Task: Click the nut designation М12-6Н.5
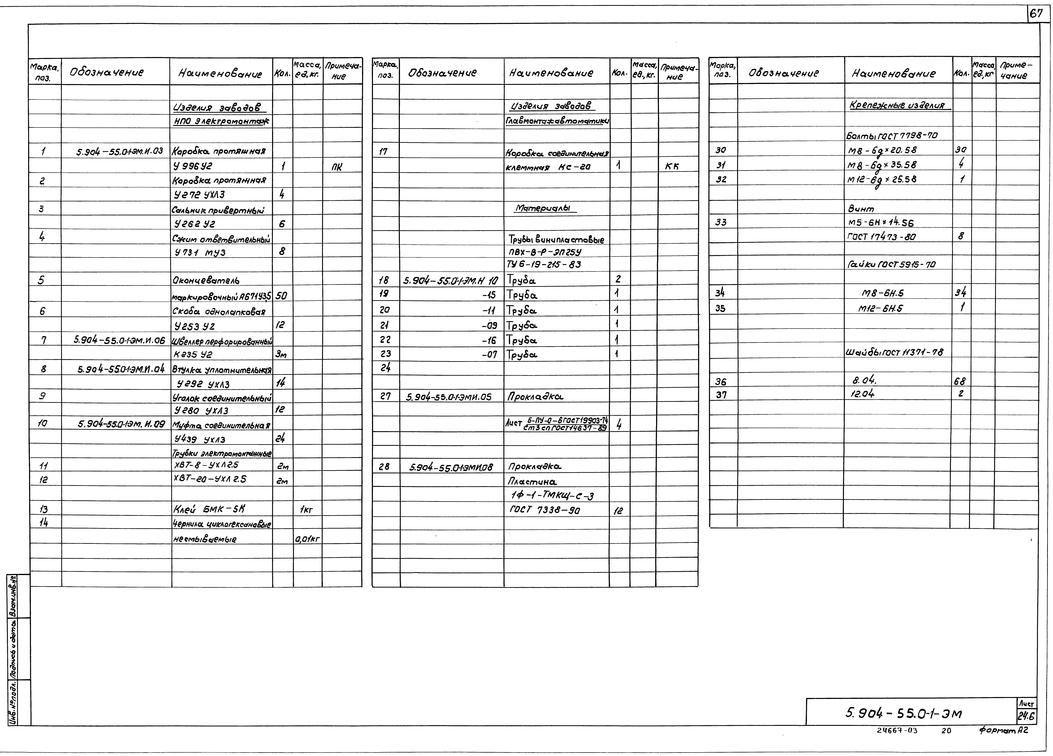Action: (x=880, y=308)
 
